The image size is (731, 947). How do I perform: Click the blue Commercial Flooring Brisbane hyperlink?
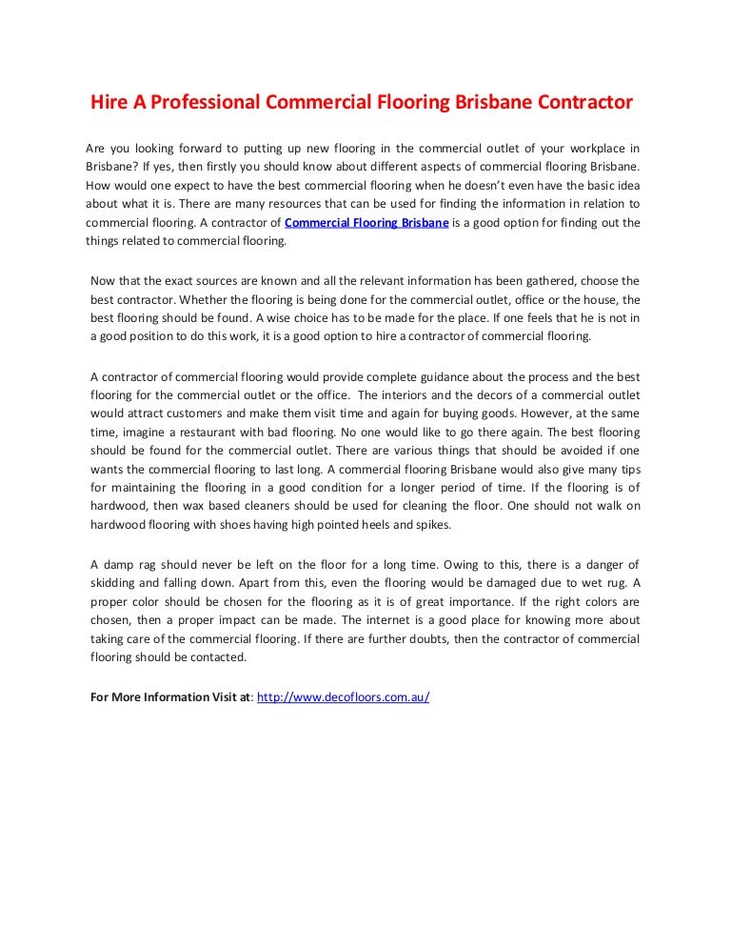coord(366,223)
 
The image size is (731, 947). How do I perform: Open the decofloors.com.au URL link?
coord(344,696)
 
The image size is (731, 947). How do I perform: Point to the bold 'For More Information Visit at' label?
coord(171,696)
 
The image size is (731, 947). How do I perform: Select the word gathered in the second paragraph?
coord(532,280)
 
